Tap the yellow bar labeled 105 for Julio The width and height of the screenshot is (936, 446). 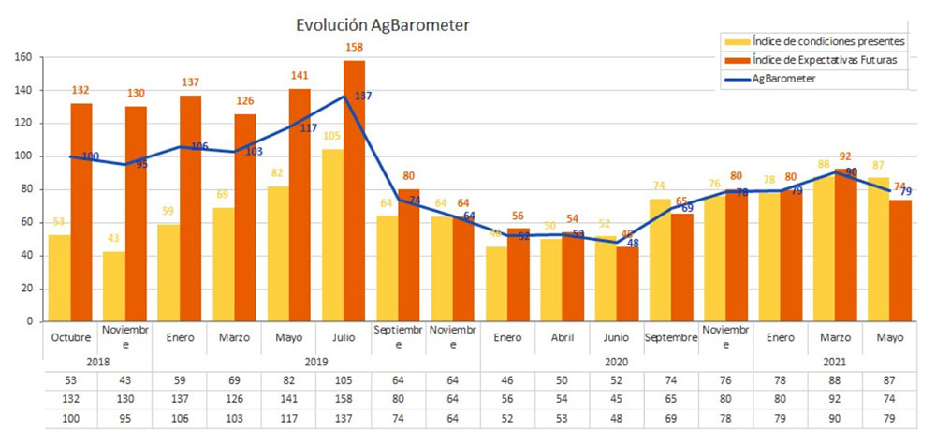(x=332, y=234)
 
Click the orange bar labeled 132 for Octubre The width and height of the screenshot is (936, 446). (x=81, y=212)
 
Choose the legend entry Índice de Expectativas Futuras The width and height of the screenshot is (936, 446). (x=814, y=60)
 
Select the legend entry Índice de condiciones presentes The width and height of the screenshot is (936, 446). (x=815, y=41)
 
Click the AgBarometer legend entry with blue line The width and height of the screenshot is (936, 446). (x=783, y=79)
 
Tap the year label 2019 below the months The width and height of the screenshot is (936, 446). (x=316, y=361)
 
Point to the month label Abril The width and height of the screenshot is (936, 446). (x=562, y=336)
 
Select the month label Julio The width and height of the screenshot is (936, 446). (x=344, y=336)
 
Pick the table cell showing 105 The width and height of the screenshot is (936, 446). (x=344, y=381)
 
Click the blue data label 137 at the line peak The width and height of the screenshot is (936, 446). (x=364, y=97)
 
